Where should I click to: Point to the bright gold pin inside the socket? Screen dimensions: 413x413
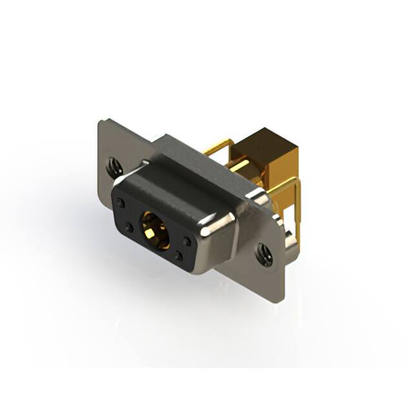click(154, 229)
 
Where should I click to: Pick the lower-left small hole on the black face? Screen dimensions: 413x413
click(129, 228)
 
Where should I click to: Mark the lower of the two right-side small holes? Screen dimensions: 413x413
click(179, 256)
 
